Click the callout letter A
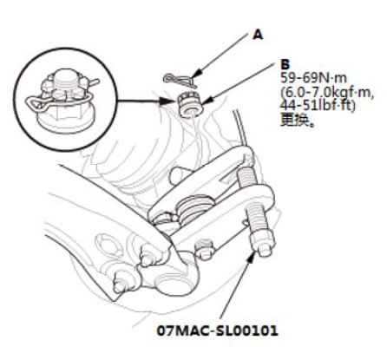point(258,35)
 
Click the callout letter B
point(285,64)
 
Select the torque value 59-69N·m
point(313,78)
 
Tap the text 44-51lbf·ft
point(318,106)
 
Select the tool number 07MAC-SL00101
point(218,331)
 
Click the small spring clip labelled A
point(180,80)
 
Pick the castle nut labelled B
point(189,104)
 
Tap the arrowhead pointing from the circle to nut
point(169,101)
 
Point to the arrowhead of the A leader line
point(196,75)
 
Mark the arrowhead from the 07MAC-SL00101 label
point(250,259)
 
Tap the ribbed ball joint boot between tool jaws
point(194,209)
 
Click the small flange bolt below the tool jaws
point(204,249)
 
